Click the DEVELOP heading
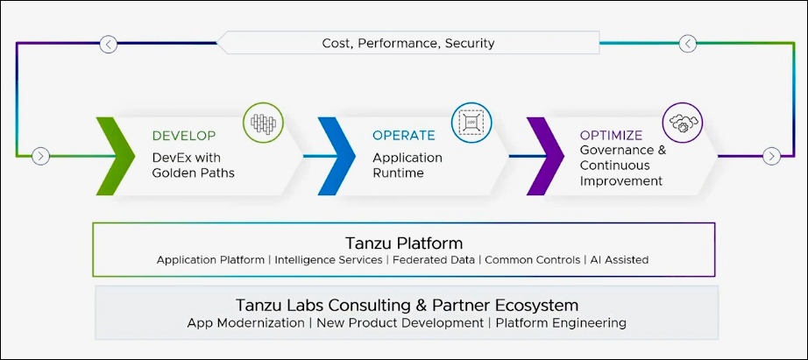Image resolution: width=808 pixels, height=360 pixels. click(x=184, y=136)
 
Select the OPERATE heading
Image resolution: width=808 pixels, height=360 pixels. click(x=404, y=136)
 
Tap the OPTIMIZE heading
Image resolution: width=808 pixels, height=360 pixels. click(x=611, y=136)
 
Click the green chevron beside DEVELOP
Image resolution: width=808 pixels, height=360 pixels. click(x=116, y=156)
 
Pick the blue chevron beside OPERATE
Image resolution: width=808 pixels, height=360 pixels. click(x=337, y=156)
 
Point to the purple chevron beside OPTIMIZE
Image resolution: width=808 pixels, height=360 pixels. click(x=545, y=156)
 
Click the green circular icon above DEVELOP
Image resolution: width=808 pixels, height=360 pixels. click(x=263, y=123)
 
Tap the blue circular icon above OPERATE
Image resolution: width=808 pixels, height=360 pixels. click(x=471, y=123)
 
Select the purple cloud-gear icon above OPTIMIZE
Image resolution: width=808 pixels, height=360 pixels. click(x=683, y=123)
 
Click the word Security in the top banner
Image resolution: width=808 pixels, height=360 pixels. click(x=470, y=43)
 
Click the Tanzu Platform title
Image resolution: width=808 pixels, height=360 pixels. click(x=404, y=243)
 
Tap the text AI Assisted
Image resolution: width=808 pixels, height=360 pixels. click(x=620, y=259)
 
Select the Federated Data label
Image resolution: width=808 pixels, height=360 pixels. click(x=434, y=259)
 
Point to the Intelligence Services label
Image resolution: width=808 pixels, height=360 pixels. click(x=329, y=259)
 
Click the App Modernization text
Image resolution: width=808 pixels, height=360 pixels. click(x=245, y=323)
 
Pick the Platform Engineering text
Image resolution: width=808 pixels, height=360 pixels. click(x=561, y=323)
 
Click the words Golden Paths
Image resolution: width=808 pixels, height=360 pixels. click(x=194, y=173)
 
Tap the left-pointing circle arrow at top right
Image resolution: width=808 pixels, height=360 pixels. click(x=688, y=44)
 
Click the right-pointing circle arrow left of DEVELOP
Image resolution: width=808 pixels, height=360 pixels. click(x=40, y=156)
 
